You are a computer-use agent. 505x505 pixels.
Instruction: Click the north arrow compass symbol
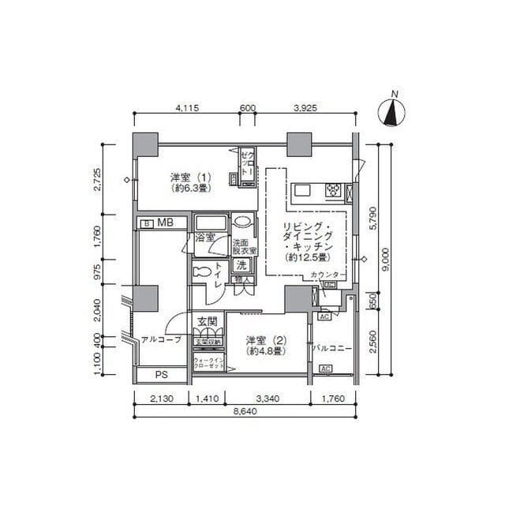point(391,111)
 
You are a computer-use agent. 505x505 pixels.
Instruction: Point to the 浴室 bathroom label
point(206,237)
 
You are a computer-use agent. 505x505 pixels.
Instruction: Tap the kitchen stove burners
point(334,190)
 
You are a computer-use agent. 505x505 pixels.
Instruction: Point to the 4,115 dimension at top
point(185,108)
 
